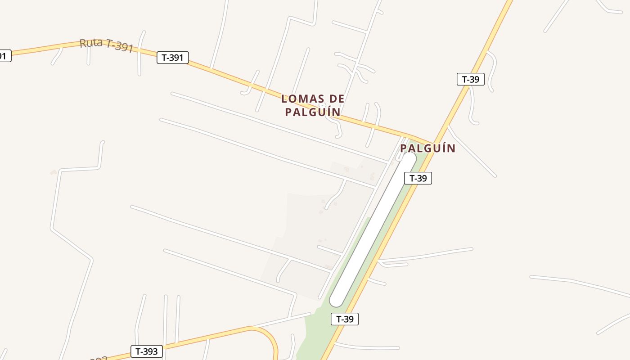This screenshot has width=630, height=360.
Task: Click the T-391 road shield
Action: [172, 58]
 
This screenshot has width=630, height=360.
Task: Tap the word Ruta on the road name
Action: [91, 43]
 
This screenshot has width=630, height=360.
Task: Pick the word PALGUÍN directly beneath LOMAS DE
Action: [313, 112]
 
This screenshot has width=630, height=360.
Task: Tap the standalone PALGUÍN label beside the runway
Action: [427, 148]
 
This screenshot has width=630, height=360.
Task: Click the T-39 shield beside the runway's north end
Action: [418, 178]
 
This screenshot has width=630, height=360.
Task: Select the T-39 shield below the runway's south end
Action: [345, 319]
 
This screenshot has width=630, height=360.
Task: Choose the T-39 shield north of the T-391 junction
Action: [471, 80]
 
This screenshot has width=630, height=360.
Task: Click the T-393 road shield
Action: [146, 351]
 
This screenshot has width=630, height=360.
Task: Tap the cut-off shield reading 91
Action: [4, 56]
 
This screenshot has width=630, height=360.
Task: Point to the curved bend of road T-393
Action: [270, 336]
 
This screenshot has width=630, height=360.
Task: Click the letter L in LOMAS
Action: [284, 99]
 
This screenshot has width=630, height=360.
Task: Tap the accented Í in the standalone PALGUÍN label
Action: [440, 148]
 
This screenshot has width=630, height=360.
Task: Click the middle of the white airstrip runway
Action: [373, 229]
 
